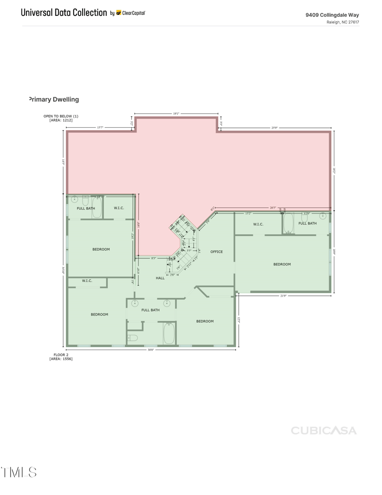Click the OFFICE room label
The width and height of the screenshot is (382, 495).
click(216, 252)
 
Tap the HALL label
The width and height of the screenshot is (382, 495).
click(160, 278)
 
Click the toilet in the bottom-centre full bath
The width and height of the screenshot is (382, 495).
click(133, 338)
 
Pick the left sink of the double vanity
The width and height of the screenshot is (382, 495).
click(135, 303)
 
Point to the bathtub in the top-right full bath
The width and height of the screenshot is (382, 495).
click(288, 223)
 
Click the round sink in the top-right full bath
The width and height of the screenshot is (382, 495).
click(323, 216)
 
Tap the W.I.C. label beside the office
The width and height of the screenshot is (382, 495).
click(258, 224)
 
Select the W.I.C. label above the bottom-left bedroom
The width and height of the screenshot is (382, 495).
click(87, 281)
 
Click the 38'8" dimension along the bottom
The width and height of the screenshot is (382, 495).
click(151, 350)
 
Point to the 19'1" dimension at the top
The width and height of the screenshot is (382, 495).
click(176, 113)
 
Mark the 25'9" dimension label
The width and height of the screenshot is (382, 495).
click(274, 128)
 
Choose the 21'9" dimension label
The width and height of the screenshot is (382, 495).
click(283, 296)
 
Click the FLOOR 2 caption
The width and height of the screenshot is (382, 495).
click(61, 355)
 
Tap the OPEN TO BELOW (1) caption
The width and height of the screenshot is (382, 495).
click(61, 116)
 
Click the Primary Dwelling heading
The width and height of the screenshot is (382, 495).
click(53, 99)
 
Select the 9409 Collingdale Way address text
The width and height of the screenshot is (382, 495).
click(332, 15)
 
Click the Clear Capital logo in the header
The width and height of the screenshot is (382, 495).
click(131, 13)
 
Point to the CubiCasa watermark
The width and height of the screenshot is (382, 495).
click(324, 430)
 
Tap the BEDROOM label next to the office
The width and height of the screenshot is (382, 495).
click(282, 264)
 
